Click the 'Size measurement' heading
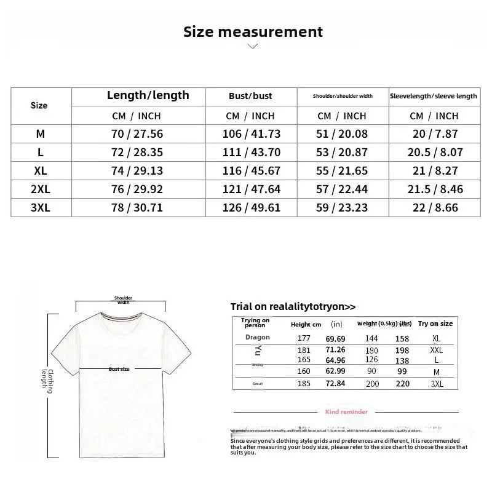(x=253, y=32)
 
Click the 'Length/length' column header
(x=148, y=95)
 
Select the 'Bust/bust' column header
(x=250, y=96)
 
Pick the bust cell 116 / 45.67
(x=251, y=170)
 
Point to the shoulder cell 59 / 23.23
(x=343, y=208)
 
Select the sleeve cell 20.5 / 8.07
(x=434, y=152)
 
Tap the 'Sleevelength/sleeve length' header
(x=434, y=96)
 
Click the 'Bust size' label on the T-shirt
(x=119, y=369)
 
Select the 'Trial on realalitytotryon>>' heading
(x=293, y=306)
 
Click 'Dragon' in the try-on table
(x=257, y=338)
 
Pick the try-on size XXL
(x=436, y=350)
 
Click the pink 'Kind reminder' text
(x=347, y=411)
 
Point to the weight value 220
(x=402, y=383)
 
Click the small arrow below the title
(x=252, y=46)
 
